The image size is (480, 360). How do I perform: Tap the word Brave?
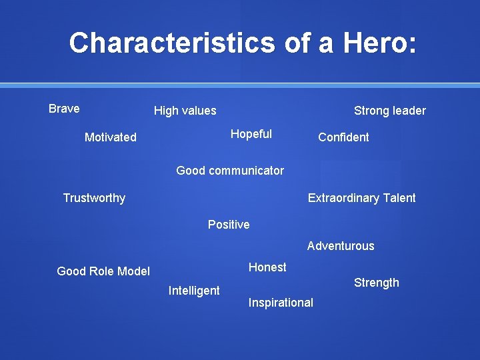(64, 109)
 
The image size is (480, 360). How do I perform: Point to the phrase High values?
(185, 111)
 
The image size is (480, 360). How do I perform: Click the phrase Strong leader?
(389, 111)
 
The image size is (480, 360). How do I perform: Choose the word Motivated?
(110, 137)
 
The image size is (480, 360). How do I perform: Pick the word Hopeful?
(251, 134)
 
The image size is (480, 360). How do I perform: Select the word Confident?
(343, 137)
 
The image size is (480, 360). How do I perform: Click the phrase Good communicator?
(229, 171)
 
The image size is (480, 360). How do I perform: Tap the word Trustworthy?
(93, 198)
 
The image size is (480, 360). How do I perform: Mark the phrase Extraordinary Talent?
(361, 198)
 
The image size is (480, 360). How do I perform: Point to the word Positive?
(229, 225)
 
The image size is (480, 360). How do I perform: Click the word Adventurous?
(341, 246)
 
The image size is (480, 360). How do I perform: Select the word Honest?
(267, 267)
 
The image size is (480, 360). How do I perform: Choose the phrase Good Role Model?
(103, 271)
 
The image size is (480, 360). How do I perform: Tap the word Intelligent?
(194, 291)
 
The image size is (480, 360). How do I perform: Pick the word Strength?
(376, 283)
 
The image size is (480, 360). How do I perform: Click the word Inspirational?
(281, 303)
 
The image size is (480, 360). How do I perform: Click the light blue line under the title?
(240, 85)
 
